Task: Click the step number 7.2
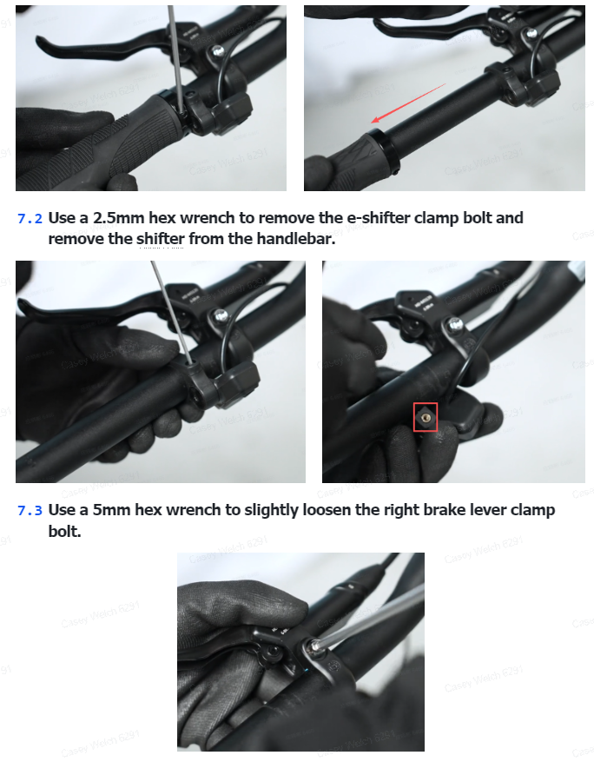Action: click(x=30, y=219)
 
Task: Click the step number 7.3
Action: click(x=30, y=510)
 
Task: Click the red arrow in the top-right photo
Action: click(x=408, y=103)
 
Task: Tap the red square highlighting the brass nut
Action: click(x=426, y=417)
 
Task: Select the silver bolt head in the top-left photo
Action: click(x=218, y=50)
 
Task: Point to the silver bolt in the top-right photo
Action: click(x=531, y=34)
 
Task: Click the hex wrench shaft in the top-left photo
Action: click(x=176, y=58)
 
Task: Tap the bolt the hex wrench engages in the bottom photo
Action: click(x=313, y=646)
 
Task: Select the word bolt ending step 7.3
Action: click(x=64, y=531)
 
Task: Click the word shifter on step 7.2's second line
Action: click(x=161, y=239)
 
